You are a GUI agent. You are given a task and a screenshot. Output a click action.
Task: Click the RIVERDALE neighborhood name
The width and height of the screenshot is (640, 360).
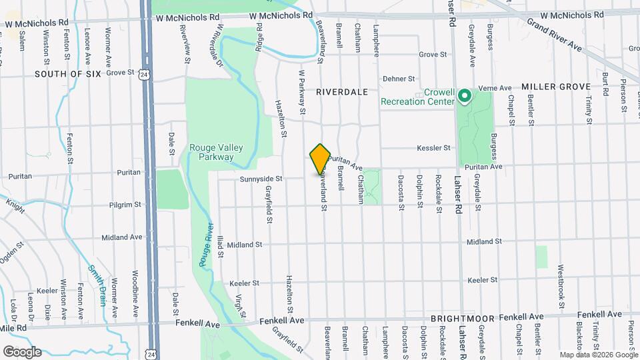click(342, 92)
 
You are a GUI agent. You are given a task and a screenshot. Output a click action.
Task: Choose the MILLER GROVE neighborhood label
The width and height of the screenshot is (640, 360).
click(556, 87)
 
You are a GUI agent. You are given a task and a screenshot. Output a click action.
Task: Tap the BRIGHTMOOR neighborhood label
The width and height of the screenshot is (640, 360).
click(462, 319)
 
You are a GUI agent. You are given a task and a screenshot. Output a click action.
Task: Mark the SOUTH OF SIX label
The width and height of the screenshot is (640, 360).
click(68, 74)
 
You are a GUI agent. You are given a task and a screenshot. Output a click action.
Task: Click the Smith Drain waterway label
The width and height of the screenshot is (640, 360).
click(97, 285)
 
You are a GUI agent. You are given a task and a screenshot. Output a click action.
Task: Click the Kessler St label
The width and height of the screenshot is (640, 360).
click(435, 148)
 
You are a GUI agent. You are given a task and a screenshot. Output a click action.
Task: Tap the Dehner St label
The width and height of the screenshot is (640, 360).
click(399, 79)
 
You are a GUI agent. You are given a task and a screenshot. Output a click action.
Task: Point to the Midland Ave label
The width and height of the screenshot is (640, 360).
click(122, 237)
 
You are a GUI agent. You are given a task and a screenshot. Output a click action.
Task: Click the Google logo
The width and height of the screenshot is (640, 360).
click(22, 351)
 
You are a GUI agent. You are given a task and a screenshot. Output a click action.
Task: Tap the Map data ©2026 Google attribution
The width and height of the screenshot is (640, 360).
click(598, 355)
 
